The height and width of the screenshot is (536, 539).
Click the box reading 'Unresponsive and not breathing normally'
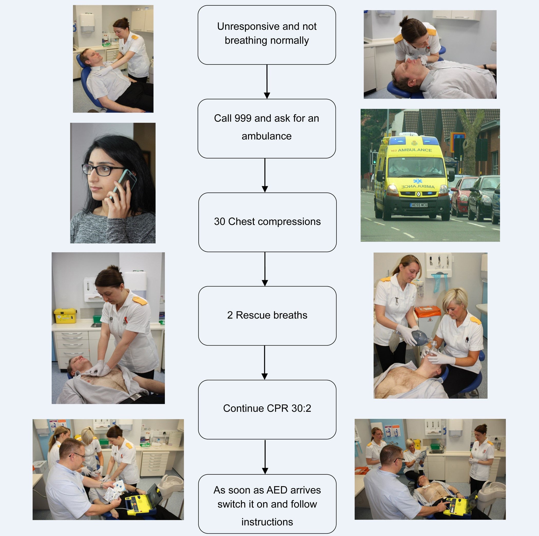tap(267, 35)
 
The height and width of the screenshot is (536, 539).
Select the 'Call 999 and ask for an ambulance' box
tap(267, 128)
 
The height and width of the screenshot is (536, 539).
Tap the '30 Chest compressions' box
tap(267, 222)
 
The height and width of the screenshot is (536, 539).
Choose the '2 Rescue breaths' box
tap(267, 315)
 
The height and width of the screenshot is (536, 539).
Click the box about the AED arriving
tap(267, 504)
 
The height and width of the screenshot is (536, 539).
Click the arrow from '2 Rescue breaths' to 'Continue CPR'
tap(265, 362)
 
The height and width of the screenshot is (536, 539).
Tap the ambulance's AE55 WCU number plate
tap(419, 205)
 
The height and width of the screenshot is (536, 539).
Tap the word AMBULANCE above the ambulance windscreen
tap(415, 150)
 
